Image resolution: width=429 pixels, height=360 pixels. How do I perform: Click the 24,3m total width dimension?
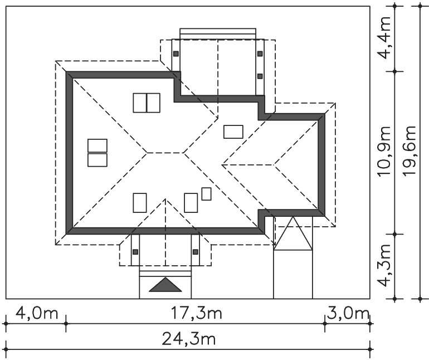tap(188, 338)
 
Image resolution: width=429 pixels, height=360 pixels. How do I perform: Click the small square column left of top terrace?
tap(175, 54)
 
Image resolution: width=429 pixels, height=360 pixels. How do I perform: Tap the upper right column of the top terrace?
tap(260, 54)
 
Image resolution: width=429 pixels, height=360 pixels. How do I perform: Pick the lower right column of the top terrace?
tap(260, 75)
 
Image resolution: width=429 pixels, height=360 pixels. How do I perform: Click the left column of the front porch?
tap(135, 252)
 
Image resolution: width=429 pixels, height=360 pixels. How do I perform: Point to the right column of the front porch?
tap(195, 252)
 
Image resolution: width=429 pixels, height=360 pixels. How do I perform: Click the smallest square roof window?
tap(207, 194)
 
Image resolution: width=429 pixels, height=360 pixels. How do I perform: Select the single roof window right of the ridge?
tap(233, 132)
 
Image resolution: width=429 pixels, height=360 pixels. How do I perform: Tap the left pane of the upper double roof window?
tap(140, 103)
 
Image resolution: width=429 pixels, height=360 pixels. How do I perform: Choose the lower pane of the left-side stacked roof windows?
tap(97, 160)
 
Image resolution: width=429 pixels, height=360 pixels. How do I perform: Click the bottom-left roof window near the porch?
tap(140, 202)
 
